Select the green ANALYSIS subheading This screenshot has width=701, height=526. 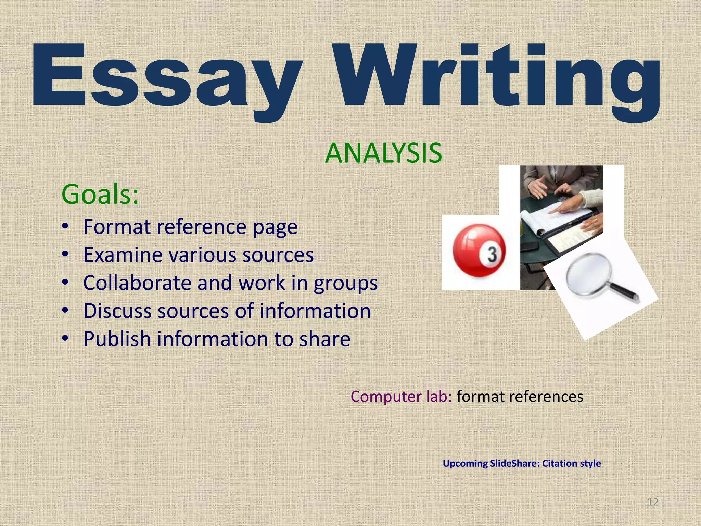pos(383,153)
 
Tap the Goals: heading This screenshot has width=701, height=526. pos(100,194)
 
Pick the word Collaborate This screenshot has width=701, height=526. pos(137,283)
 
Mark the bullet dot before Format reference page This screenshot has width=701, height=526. pos(65,227)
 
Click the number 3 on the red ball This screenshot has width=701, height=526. pos(492,254)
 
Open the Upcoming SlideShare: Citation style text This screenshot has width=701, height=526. pos(522,463)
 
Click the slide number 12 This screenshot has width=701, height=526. pos(653,502)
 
